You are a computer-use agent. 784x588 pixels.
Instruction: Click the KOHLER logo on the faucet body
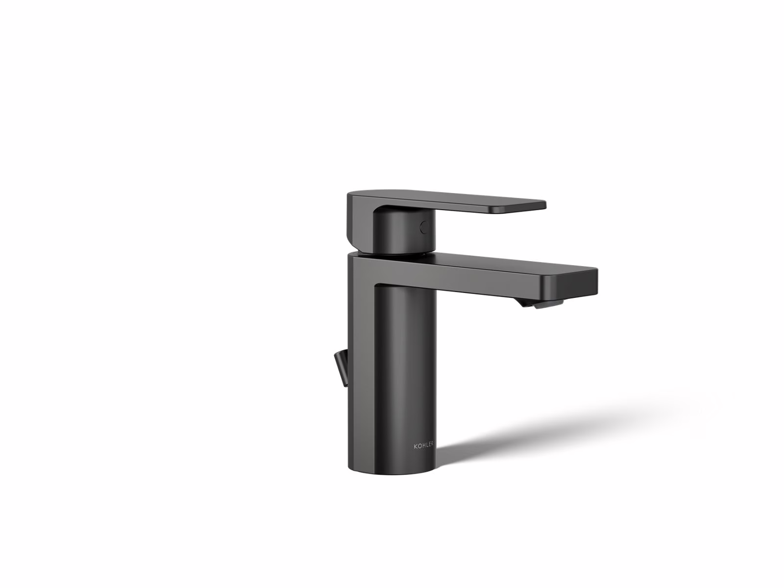click(x=424, y=445)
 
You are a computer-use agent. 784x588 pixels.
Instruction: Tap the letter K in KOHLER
click(x=415, y=445)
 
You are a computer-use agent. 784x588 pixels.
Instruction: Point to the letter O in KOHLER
click(x=418, y=445)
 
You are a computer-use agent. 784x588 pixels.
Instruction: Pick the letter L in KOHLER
click(x=426, y=445)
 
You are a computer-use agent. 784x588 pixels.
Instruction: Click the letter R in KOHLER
click(x=432, y=445)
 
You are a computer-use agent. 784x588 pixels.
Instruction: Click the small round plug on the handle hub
click(x=425, y=227)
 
